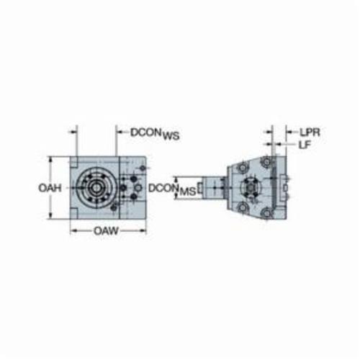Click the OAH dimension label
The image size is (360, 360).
click(50, 188)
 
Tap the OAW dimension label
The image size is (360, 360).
click(106, 231)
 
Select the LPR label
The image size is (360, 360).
click(310, 132)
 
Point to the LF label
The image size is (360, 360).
click(305, 145)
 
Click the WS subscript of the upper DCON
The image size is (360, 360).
click(171, 136)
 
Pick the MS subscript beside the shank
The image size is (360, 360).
click(188, 192)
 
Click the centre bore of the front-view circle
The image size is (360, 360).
click(96, 188)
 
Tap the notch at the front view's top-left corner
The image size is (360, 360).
click(73, 162)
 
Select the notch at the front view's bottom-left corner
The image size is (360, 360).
click(73, 214)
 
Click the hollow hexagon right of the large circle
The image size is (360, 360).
click(138, 188)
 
